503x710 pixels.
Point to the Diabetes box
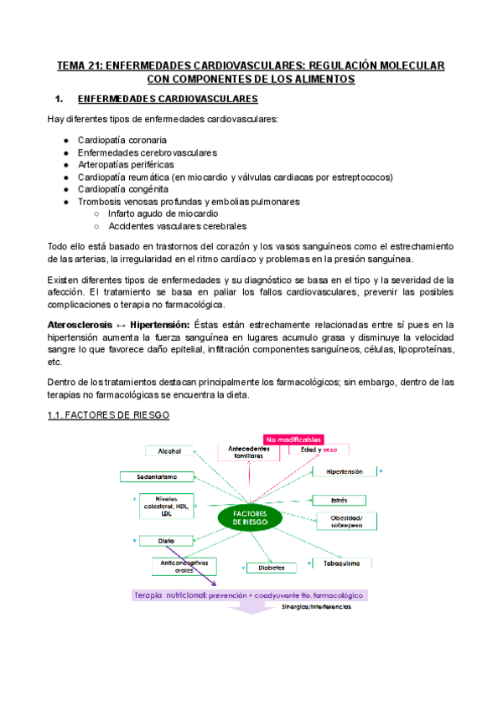tap(272, 568)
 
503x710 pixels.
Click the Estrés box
tap(340, 500)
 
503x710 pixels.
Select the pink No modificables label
tap(293, 439)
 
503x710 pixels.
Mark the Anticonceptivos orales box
tap(184, 567)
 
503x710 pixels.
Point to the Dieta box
tap(165, 541)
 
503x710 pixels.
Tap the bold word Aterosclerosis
tap(80, 323)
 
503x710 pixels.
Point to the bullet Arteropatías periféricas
tap(125, 165)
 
